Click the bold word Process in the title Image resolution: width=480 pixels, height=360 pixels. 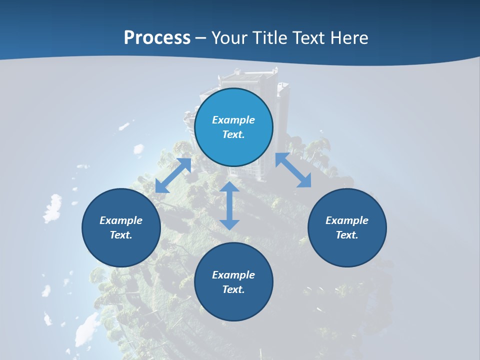coord(157,38)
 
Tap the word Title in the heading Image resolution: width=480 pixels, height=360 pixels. coord(270,38)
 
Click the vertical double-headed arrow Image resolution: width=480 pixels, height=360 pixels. coord(229,205)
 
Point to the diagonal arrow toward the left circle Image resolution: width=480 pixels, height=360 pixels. coord(173,175)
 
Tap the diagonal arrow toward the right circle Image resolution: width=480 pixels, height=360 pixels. coord(293,170)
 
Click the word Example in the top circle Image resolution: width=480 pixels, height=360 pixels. coord(233,120)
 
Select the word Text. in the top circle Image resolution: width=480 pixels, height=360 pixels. coord(233,134)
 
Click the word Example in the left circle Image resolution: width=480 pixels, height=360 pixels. coord(121,220)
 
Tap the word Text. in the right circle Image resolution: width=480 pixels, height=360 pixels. coord(347,235)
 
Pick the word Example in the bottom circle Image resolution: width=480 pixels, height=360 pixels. coord(233,275)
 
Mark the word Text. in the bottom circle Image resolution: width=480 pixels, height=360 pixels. coord(233,289)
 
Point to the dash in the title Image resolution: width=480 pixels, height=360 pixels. coord(201,38)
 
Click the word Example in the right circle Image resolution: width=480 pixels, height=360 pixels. coord(347,220)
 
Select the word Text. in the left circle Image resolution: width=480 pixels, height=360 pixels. coord(121,235)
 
